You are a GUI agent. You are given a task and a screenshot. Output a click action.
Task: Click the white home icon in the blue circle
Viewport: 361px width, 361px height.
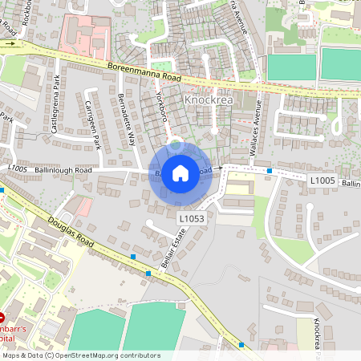pyautogui.click(x=180, y=172)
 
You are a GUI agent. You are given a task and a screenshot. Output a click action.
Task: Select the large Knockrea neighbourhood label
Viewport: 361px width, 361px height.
pyautogui.click(x=209, y=100)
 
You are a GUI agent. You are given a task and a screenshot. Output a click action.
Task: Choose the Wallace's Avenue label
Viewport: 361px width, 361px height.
pyautogui.click(x=260, y=121)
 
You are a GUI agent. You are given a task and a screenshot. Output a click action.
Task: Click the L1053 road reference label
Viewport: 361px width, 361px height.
pyautogui.click(x=191, y=217)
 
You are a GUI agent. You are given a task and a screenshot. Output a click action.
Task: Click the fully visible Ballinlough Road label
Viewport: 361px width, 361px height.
pyautogui.click(x=51, y=170)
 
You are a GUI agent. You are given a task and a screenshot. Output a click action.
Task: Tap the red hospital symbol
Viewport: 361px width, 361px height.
pyautogui.click(x=2, y=319)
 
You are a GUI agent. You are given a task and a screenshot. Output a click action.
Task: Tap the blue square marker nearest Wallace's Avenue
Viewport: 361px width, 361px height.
pyautogui.click(x=270, y=171)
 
